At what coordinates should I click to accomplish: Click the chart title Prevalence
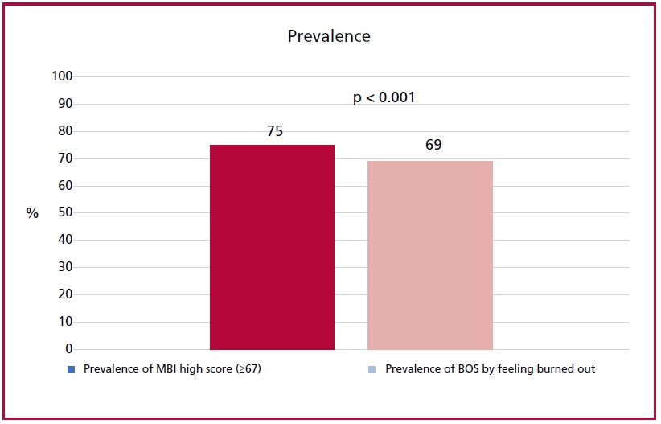click(x=329, y=36)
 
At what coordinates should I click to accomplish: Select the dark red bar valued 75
click(x=273, y=247)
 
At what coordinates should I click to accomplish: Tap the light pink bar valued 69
click(x=430, y=255)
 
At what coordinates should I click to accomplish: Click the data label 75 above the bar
click(x=275, y=131)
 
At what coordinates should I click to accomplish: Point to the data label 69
click(x=433, y=145)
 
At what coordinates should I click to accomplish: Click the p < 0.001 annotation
click(x=384, y=97)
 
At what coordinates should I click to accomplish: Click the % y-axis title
click(x=32, y=213)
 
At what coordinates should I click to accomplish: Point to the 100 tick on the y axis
click(x=63, y=76)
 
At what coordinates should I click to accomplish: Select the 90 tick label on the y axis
click(x=65, y=103)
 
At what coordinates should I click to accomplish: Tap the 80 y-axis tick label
click(x=65, y=131)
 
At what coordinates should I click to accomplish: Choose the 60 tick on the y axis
click(x=65, y=185)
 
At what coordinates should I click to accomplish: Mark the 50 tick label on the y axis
click(x=65, y=212)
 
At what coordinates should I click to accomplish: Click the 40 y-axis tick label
click(x=65, y=240)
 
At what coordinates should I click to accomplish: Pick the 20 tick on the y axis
click(x=65, y=294)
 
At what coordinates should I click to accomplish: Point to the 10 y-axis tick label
click(x=65, y=322)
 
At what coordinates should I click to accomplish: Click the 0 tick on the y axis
click(x=69, y=349)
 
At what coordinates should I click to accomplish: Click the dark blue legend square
click(x=72, y=369)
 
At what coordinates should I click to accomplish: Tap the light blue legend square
click(x=372, y=369)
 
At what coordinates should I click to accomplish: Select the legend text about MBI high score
click(x=172, y=369)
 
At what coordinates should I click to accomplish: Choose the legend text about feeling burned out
click(x=491, y=369)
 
